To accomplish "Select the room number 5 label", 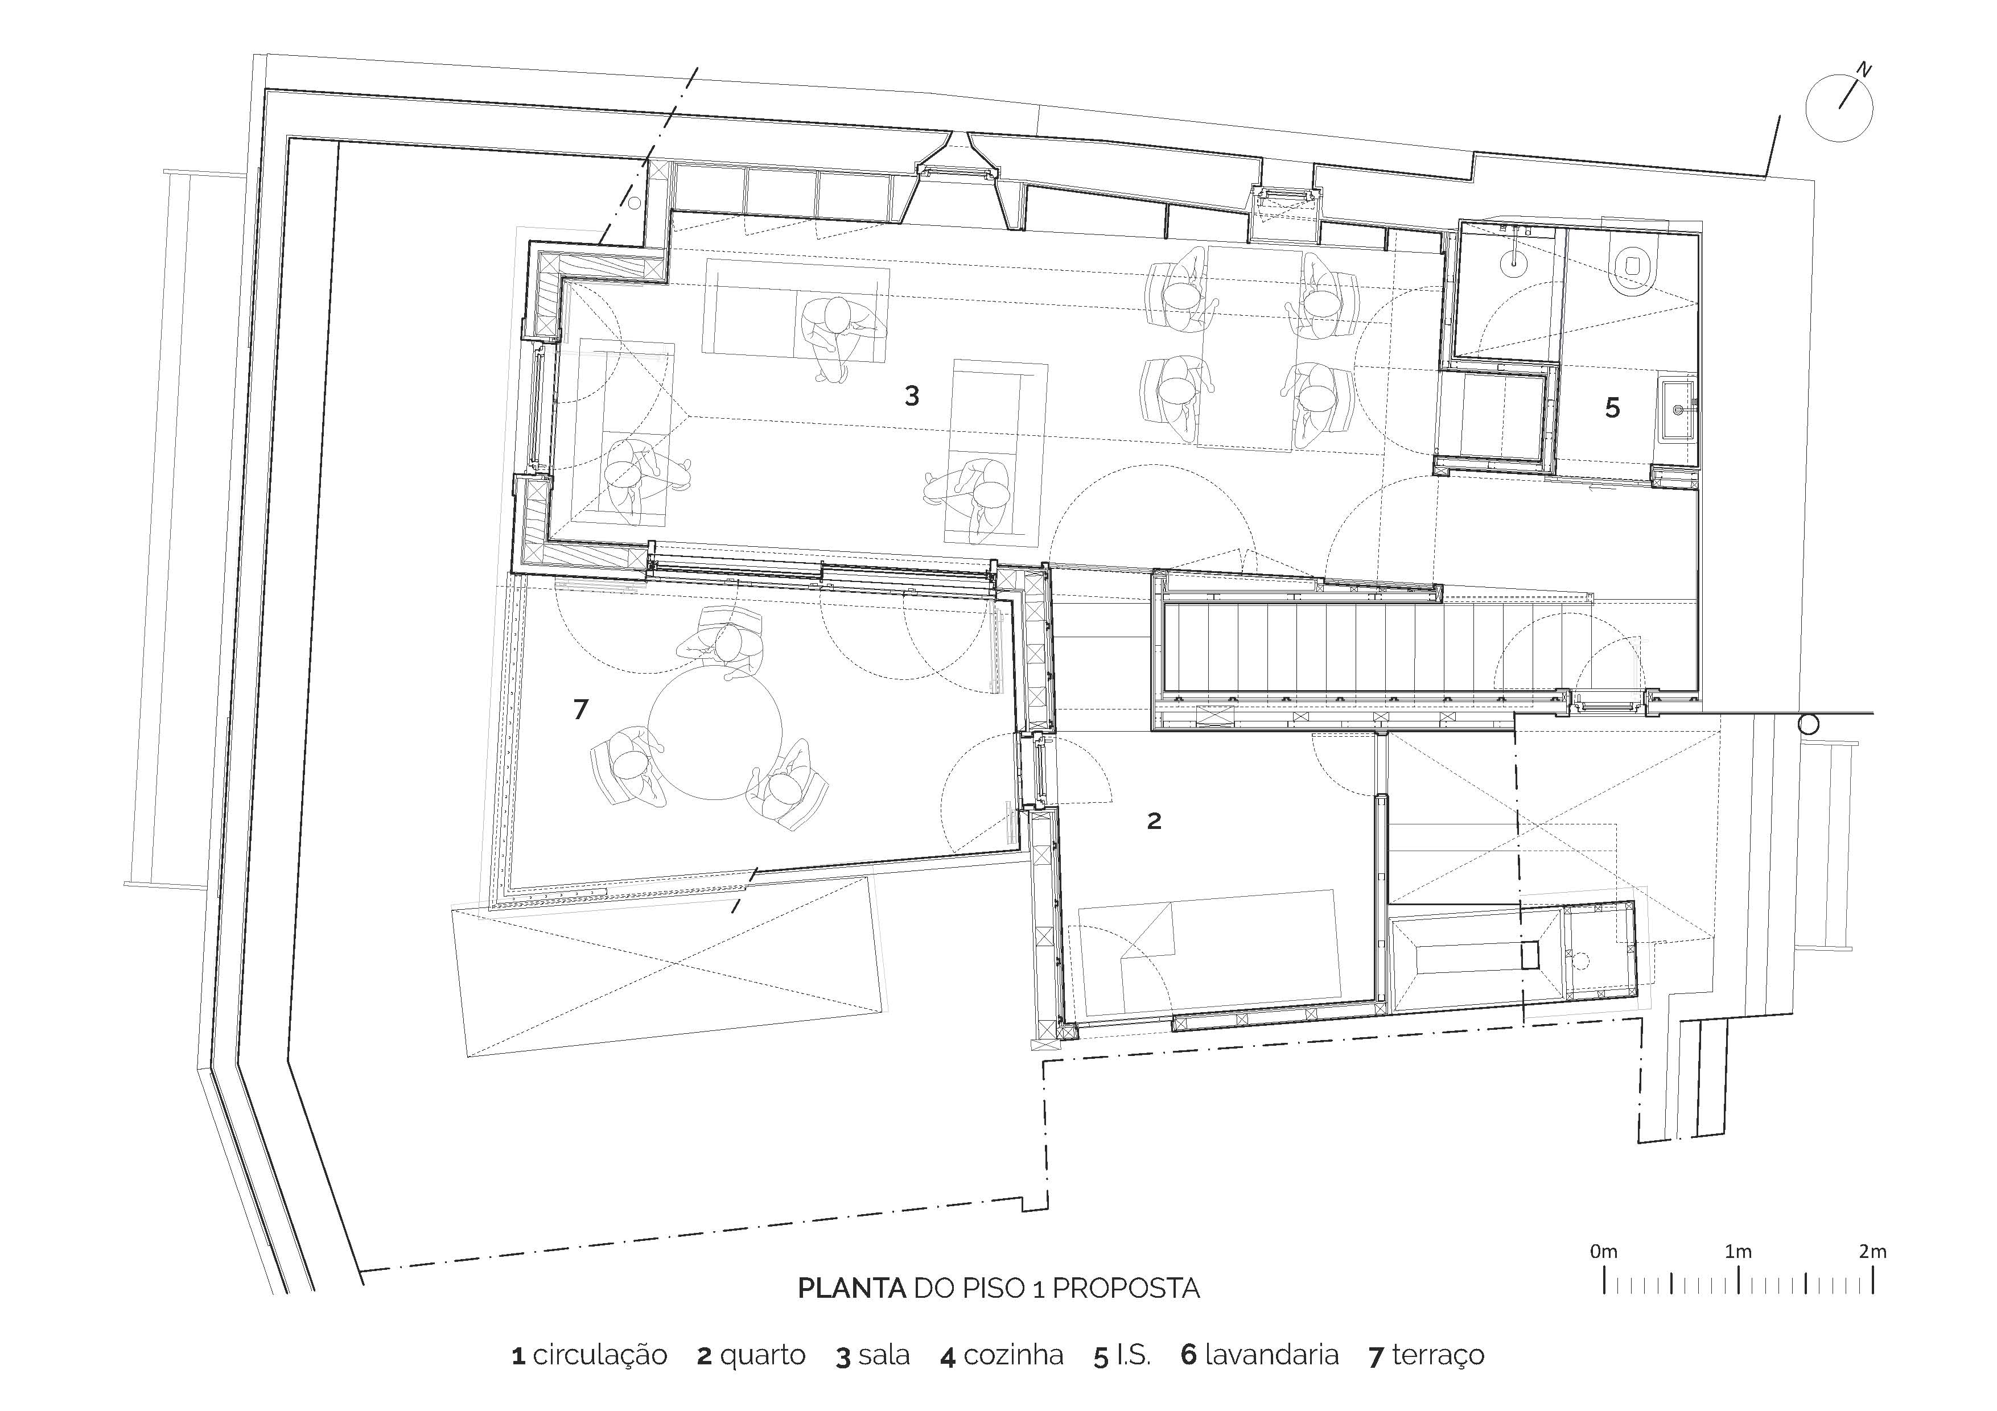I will [1612, 408].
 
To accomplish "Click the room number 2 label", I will [1154, 820].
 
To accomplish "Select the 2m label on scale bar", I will [1872, 1252].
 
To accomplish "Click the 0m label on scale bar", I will [1603, 1252].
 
